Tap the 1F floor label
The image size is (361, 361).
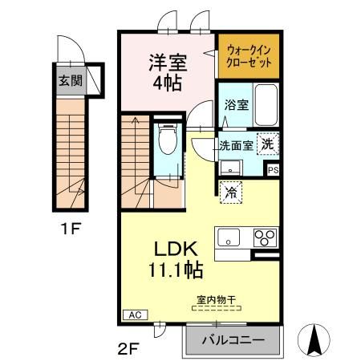71,228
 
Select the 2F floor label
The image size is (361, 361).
132,347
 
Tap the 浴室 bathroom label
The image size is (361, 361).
237,104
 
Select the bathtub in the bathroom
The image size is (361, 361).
266,102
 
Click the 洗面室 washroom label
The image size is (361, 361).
236,146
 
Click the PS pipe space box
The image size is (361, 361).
274,170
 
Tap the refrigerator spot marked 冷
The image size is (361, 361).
231,193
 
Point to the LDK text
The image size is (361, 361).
172,249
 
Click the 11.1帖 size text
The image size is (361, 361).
172,270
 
